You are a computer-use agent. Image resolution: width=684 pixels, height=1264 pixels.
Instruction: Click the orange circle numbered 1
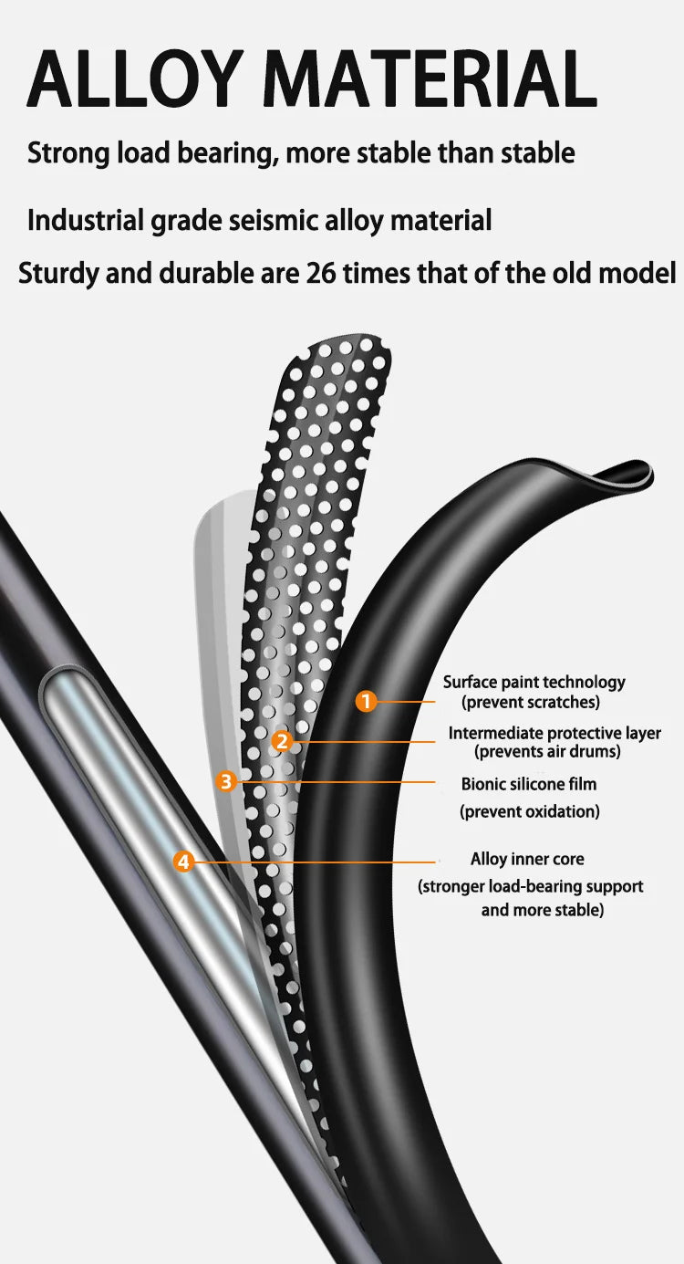tap(366, 702)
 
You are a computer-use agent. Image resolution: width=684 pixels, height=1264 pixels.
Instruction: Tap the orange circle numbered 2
tap(282, 741)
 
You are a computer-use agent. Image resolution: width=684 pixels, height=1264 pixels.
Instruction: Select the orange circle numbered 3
tap(225, 781)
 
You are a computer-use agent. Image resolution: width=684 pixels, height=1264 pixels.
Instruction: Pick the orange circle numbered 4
tap(183, 862)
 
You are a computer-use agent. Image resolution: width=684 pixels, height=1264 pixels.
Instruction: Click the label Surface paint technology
tap(534, 683)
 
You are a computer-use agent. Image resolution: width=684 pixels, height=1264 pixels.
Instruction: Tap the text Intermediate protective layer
tap(554, 733)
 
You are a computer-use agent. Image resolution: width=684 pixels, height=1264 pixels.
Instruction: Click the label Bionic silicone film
tap(529, 784)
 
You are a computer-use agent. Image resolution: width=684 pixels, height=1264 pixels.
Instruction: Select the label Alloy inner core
tap(527, 859)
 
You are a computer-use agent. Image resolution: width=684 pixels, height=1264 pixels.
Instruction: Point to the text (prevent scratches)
tap(531, 702)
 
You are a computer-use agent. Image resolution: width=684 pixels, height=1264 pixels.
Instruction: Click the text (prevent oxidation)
tap(530, 811)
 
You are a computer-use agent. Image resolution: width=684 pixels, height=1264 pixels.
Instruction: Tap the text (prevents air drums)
tap(547, 752)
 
